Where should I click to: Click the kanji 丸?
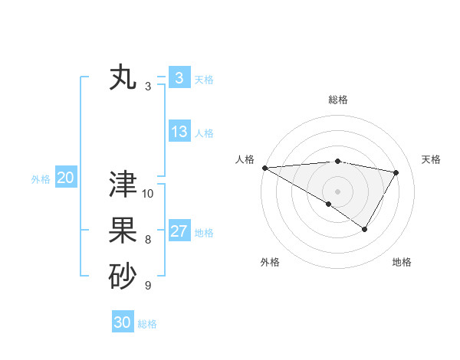pos(123,78)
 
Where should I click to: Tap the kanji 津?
pos(123,185)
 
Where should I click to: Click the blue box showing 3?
pos(179,77)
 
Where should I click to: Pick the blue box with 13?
pos(179,132)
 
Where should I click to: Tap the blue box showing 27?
pos(179,231)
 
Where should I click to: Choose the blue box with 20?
pos(65,178)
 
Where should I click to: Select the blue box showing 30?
pos(122,322)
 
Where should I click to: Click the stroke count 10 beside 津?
pos(148,194)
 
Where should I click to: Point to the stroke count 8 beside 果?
pos(148,240)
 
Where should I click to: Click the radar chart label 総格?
pos(338,100)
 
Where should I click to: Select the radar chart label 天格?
pos(431,159)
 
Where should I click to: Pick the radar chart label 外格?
pos(270,262)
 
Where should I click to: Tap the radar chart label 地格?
pos(402,262)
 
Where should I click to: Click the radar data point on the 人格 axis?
pos(264,167)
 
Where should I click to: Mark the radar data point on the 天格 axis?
pos(396,172)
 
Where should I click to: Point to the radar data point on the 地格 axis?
pos(365,229)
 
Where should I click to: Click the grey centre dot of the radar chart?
pos(338,191)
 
